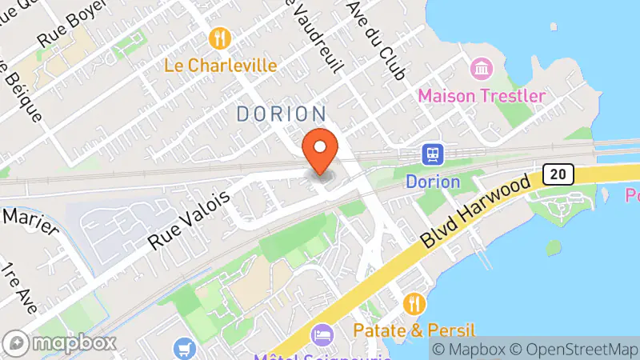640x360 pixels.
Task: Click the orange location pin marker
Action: [x=321, y=151]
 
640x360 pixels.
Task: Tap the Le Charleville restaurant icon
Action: [x=220, y=38]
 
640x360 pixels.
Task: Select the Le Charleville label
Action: [x=221, y=64]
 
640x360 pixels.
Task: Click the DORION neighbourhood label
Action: [x=282, y=114]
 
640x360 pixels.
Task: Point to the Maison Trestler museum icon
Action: [x=483, y=69]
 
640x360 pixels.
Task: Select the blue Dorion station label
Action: [x=433, y=182]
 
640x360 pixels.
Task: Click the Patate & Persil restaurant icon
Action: [x=414, y=303]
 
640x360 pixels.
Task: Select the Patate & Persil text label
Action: [x=415, y=330]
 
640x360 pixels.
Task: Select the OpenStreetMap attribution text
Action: [x=574, y=350]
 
